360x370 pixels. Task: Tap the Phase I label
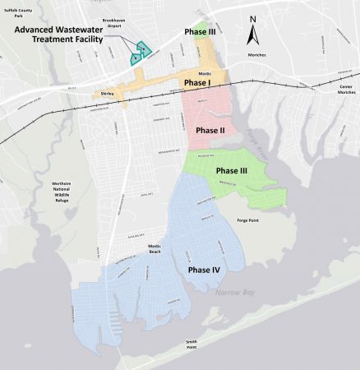pos(196,83)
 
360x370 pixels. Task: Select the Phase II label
pos(210,130)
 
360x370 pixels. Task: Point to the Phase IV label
pos(203,270)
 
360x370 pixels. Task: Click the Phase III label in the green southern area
pos(231,170)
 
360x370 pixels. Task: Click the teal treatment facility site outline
pos(136,54)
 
